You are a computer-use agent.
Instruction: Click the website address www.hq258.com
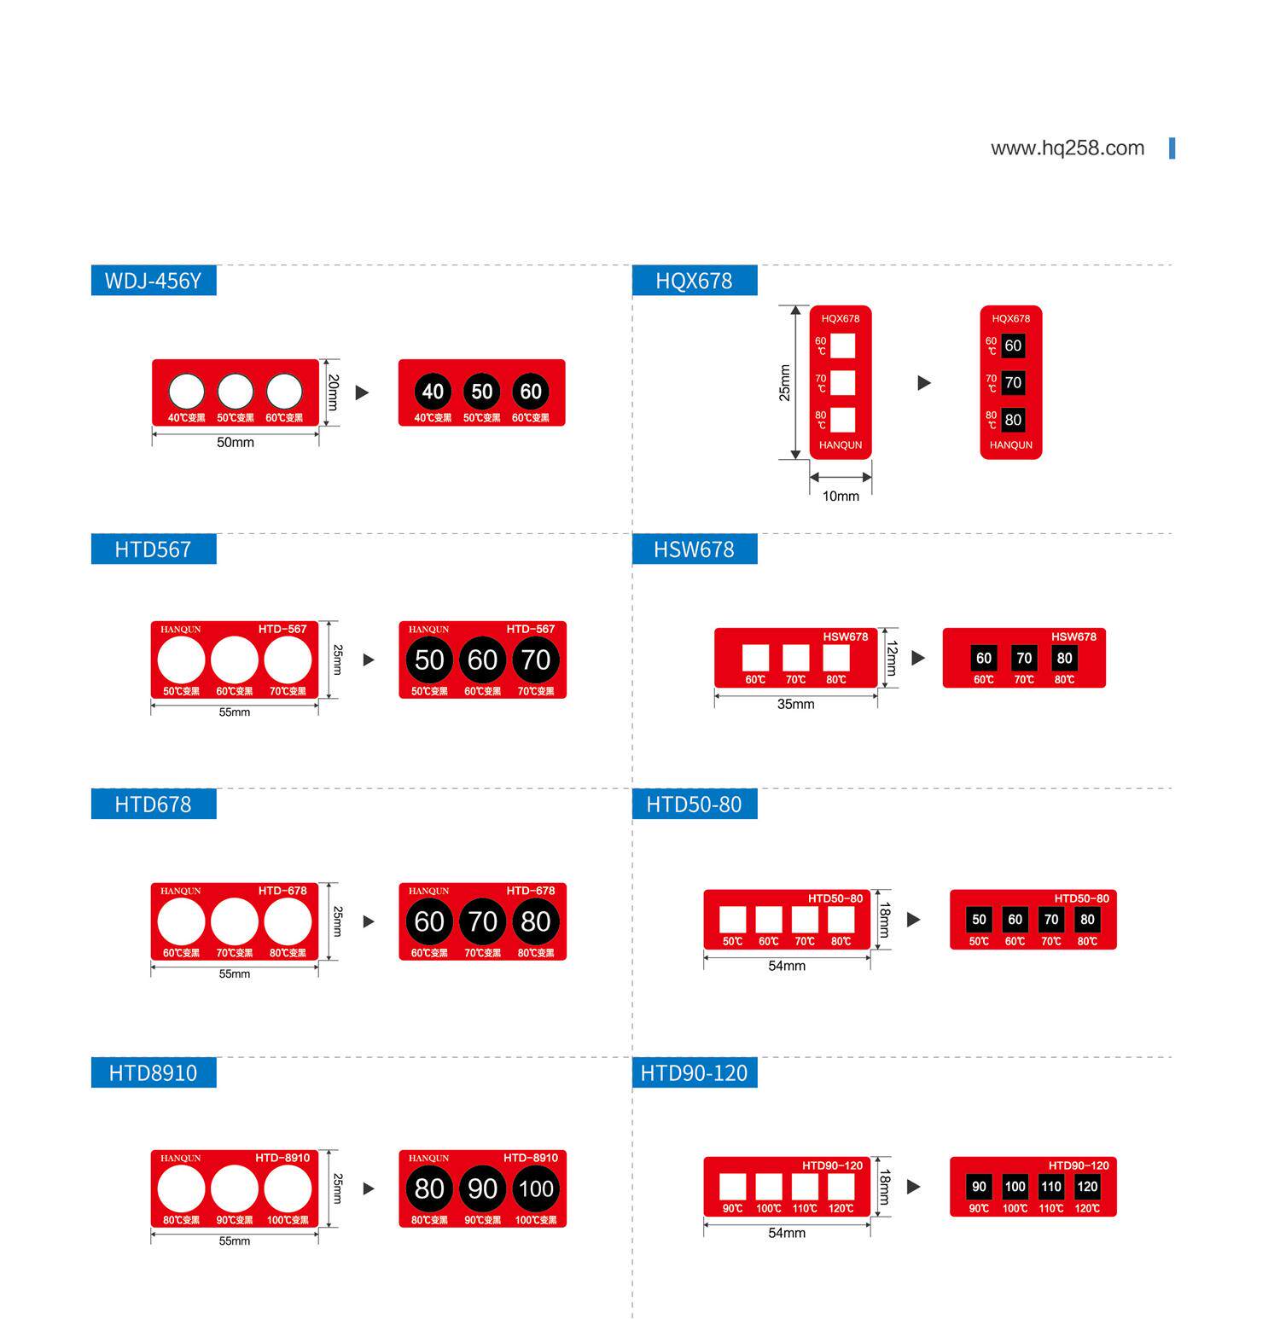[x=1067, y=148]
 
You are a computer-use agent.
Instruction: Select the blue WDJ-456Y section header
[x=154, y=281]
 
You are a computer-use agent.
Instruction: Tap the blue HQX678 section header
[x=694, y=281]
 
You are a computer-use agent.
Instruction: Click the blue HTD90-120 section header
[x=694, y=1072]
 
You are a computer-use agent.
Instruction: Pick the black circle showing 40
[x=433, y=392]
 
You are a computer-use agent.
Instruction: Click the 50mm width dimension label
[x=235, y=443]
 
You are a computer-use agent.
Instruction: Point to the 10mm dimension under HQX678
[x=841, y=496]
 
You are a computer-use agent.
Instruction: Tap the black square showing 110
[x=1051, y=1186]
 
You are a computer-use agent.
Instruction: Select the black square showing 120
[x=1087, y=1186]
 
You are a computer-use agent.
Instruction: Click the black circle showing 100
[x=536, y=1188]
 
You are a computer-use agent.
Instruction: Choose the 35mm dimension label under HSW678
[x=795, y=704]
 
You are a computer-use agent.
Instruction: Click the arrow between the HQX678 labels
[x=924, y=383]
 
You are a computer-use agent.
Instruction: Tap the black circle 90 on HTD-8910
[x=482, y=1188]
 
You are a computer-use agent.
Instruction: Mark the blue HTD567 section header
[x=154, y=549]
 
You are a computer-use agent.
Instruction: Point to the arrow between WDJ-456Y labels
[x=363, y=392]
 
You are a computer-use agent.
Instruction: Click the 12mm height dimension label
[x=892, y=658]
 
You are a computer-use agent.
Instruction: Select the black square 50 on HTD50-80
[x=979, y=919]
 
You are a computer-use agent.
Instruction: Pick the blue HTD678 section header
[x=154, y=804]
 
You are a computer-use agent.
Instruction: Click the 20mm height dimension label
[x=333, y=392]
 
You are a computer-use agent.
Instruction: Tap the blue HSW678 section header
[x=694, y=549]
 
